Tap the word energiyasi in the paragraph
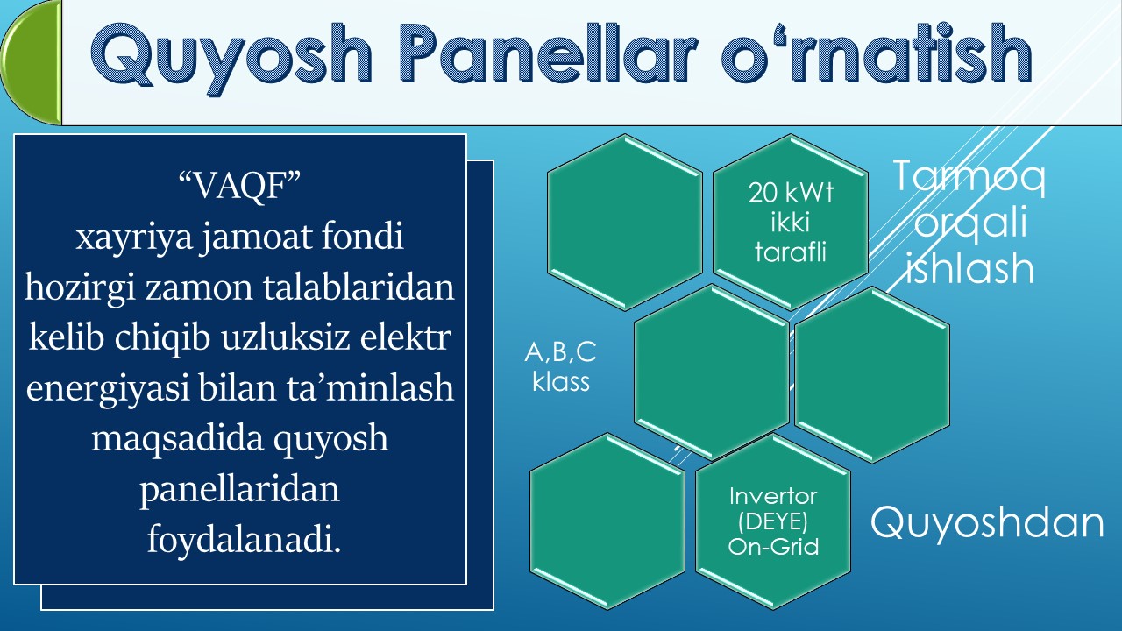click(100, 387)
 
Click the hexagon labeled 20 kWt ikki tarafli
click(792, 222)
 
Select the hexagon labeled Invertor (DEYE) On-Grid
click(773, 521)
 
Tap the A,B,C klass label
click(560, 367)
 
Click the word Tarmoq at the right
click(969, 179)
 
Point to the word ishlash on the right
click(969, 268)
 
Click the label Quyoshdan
click(987, 522)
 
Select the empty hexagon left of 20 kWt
click(625, 222)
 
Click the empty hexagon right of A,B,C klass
click(711, 372)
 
